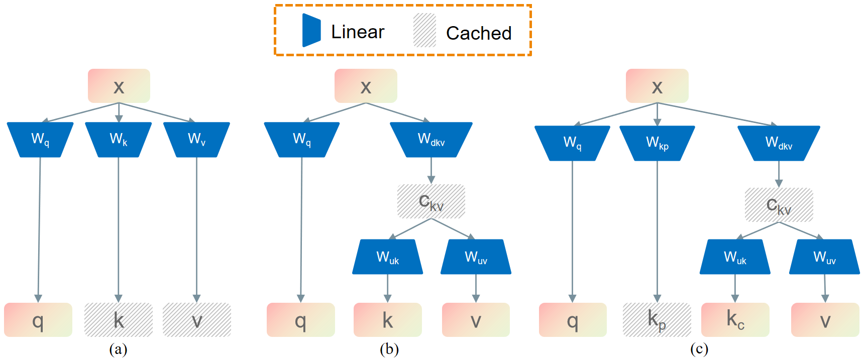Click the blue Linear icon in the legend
pos(311,30)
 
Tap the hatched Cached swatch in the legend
pos(424,31)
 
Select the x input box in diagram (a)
pos(119,86)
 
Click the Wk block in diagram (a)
pos(119,139)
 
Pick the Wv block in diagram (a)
pos(196,139)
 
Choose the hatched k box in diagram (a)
pos(119,320)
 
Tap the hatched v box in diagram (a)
pos(197,320)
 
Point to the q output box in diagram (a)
pos(38,320)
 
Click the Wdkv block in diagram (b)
pos(431,139)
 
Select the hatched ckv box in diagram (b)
pos(431,201)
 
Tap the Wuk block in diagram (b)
pos(387,257)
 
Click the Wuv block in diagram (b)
pos(476,257)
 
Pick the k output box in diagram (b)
pos(387,320)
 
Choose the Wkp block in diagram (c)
pos(657,143)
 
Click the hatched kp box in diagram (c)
pos(657,320)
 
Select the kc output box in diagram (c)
pos(735,320)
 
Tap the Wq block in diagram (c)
pos(572,143)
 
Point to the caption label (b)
pos(389,349)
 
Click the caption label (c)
pos(699,349)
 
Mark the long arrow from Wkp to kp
pos(657,231)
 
